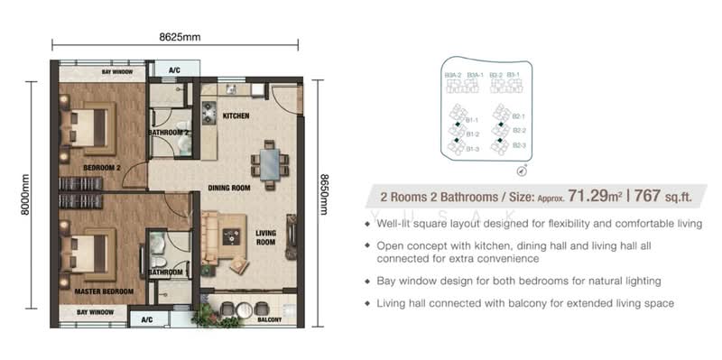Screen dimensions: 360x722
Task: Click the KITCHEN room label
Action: click(236, 116)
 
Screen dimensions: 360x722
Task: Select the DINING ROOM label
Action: click(228, 189)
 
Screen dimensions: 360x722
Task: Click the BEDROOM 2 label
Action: click(101, 168)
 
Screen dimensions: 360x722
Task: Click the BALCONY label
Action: click(269, 319)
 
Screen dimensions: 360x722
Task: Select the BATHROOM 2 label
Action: click(169, 134)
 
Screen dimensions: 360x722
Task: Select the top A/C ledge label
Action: click(173, 69)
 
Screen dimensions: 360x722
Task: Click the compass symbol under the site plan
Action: click(522, 170)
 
